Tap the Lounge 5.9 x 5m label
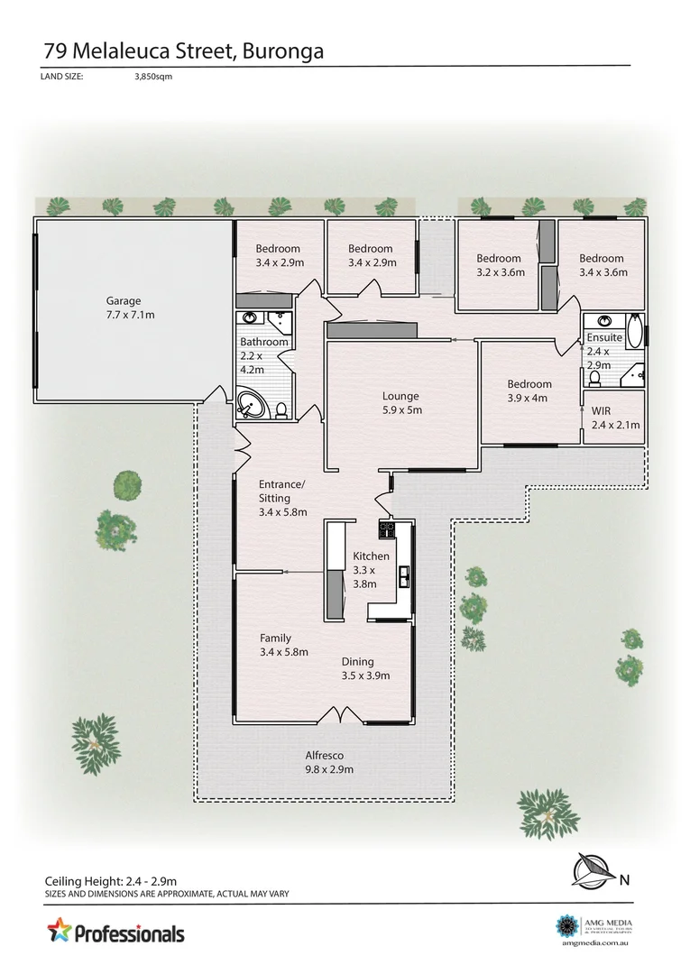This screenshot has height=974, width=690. (x=400, y=403)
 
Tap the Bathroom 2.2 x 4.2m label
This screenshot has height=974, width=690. (x=263, y=354)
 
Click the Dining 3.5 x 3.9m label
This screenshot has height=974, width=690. (x=364, y=668)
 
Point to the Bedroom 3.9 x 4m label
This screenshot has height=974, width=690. (x=529, y=391)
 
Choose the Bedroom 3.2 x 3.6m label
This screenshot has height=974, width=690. (x=500, y=265)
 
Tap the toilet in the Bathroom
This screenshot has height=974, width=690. (x=281, y=411)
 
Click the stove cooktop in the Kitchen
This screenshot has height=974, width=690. (x=387, y=528)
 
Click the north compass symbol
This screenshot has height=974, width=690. (x=593, y=870)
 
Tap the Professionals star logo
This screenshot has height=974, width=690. (x=59, y=930)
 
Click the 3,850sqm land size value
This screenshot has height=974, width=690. (x=152, y=77)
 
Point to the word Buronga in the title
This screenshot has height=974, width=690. (x=281, y=51)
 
